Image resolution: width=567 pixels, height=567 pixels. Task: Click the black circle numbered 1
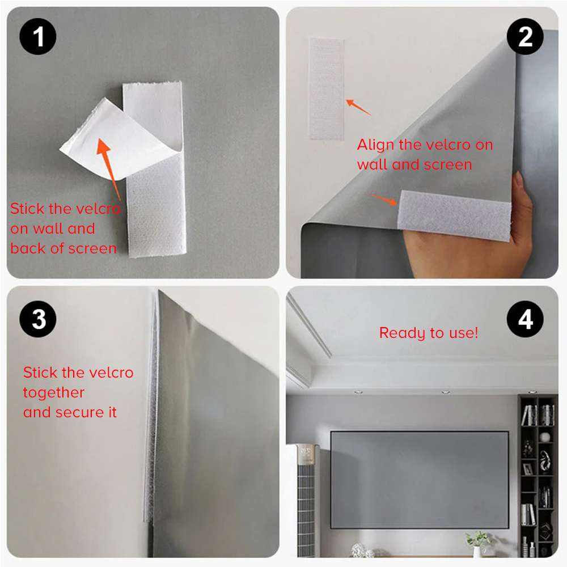coord(39,38)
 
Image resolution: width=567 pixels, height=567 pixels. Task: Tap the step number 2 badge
coord(526,38)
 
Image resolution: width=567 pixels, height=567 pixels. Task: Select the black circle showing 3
coord(39,319)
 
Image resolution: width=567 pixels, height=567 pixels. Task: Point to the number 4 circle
coord(526,319)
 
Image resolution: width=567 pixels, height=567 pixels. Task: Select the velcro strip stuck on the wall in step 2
coord(326,88)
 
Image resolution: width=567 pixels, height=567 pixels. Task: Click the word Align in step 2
coord(375,145)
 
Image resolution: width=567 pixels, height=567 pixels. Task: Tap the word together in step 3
coord(54,392)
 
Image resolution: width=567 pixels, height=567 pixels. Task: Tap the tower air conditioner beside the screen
coord(303,499)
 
